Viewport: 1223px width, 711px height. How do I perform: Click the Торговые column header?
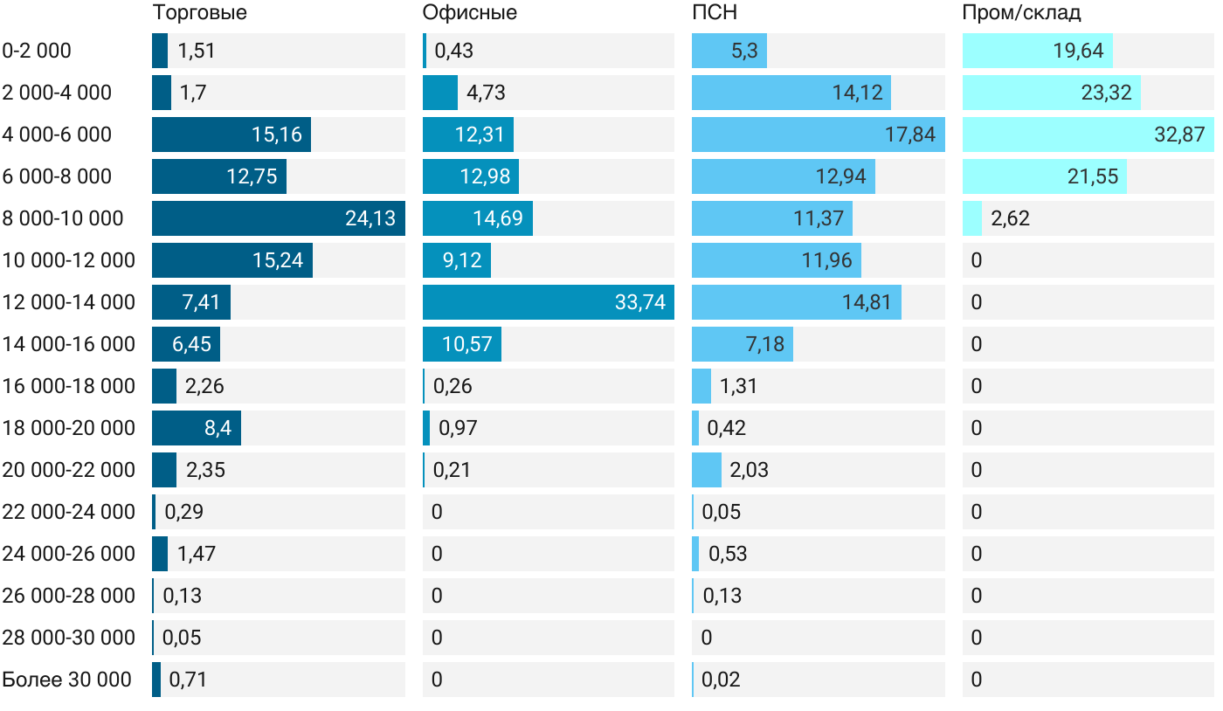(199, 12)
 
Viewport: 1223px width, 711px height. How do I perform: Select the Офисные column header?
(469, 12)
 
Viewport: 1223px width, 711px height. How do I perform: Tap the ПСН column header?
(714, 12)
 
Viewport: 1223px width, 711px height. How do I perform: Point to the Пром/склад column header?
(1021, 12)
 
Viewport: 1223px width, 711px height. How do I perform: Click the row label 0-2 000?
(37, 51)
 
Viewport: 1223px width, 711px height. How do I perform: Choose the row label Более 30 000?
(66, 680)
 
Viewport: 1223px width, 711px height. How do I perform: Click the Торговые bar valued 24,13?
(278, 218)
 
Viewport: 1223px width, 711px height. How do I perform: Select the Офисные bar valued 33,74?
(548, 302)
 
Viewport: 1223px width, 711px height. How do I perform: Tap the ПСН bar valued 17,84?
(818, 135)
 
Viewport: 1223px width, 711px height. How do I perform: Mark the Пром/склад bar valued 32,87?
(1088, 135)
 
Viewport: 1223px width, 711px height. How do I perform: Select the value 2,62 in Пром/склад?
(1011, 218)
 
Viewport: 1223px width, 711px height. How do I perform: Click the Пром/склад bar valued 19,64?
(1037, 51)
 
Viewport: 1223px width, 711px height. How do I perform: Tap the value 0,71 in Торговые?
(188, 680)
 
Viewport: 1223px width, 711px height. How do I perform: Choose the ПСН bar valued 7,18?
(742, 344)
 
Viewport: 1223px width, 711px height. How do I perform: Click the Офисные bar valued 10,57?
(461, 344)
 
